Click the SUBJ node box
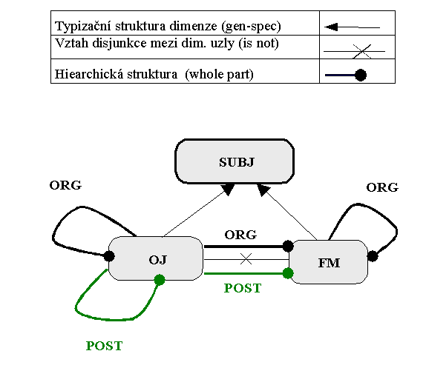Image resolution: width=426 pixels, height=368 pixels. [235, 161]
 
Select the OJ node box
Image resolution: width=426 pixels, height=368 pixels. [156, 258]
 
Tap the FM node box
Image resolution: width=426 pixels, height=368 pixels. [329, 262]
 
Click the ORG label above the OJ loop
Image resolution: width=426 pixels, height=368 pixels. [65, 185]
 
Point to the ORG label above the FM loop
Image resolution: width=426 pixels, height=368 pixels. [382, 187]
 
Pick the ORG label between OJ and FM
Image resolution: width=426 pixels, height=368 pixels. [240, 235]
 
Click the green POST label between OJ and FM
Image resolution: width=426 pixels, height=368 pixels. [243, 288]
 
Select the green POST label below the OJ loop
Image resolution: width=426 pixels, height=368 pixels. [105, 346]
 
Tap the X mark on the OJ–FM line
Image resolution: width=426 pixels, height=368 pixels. [246, 259]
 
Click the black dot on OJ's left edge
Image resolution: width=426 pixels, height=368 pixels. [109, 256]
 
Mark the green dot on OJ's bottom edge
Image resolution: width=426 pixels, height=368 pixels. [160, 280]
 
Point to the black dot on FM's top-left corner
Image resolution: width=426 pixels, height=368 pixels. [288, 246]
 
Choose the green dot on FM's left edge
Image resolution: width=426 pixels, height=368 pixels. [288, 273]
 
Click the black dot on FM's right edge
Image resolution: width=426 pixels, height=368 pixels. [373, 256]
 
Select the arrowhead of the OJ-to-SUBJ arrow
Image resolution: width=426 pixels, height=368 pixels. [229, 189]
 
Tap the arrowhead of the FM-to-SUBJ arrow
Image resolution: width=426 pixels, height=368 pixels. [263, 190]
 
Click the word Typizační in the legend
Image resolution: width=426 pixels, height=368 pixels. [83, 27]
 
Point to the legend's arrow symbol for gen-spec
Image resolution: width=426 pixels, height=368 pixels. [352, 27]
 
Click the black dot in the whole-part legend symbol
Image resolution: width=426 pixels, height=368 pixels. [361, 75]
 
